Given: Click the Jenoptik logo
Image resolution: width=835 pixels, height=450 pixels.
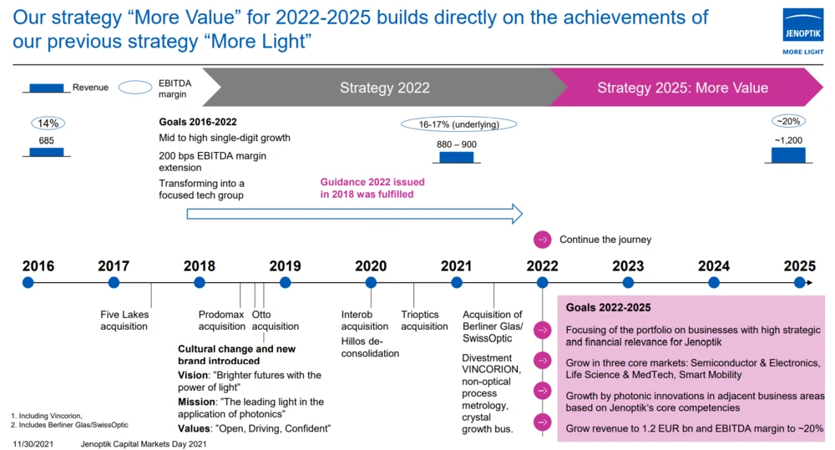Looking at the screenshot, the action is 802,32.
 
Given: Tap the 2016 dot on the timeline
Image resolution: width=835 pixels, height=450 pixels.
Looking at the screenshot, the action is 28,283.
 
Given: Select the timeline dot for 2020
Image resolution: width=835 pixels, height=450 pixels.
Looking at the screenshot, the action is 371,283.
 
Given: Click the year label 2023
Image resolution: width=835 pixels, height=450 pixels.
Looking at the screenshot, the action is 628,265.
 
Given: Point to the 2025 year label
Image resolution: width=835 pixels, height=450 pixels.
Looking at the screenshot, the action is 799,265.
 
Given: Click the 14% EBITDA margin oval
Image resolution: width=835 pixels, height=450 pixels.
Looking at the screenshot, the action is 48,124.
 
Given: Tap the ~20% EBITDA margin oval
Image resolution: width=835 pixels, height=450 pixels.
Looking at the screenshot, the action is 788,121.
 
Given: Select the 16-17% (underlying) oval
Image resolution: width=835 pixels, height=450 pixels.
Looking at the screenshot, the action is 458,124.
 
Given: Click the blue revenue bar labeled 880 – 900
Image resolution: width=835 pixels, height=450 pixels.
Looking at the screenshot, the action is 457,157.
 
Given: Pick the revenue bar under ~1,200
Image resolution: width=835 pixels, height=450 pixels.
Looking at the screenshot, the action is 788,155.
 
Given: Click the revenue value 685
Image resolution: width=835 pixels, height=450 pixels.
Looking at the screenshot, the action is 46,140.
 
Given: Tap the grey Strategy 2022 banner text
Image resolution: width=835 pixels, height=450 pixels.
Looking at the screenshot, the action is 384,88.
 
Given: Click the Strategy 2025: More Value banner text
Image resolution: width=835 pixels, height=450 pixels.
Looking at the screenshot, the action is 682,88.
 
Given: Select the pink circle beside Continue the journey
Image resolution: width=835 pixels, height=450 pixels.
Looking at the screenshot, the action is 542,240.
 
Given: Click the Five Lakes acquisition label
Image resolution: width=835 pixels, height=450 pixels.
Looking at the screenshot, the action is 124,321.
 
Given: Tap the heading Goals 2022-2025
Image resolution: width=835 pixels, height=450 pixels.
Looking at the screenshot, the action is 608,307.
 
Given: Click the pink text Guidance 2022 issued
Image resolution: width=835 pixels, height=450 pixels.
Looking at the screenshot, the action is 372,182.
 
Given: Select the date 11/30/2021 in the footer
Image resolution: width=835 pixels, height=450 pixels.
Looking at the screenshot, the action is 33,443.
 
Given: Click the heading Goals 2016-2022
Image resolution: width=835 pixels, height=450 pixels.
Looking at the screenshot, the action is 198,122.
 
